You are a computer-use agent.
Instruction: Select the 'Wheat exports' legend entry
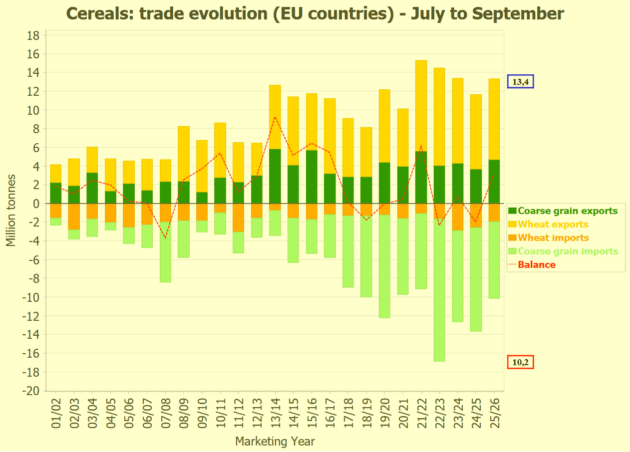[553, 225]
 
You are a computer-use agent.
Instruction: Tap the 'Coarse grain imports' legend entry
[568, 251]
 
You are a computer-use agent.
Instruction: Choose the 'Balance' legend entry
[537, 265]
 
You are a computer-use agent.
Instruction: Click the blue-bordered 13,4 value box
[520, 81]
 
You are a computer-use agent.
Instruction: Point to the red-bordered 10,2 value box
[520, 362]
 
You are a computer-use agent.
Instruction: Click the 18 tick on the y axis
[33, 35]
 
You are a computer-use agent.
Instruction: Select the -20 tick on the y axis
[31, 391]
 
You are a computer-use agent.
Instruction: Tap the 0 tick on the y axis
[36, 204]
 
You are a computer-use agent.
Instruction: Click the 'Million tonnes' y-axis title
[11, 210]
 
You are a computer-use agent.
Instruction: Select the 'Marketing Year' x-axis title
[275, 442]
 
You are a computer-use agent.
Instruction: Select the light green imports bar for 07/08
[166, 252]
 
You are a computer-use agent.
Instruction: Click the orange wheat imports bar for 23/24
[458, 217]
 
